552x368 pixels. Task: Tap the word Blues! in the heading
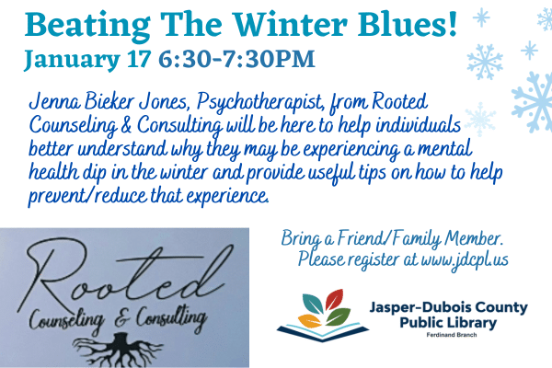408,24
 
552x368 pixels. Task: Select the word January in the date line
72,60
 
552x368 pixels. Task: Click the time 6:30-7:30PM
236,59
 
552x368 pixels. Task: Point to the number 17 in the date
139,59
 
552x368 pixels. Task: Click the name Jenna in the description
54,102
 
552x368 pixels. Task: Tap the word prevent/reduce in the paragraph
87,197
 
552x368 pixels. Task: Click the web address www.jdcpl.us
465,259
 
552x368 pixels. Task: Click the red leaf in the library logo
335,299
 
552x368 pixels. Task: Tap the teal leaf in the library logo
313,304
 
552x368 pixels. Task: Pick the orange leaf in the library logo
309,321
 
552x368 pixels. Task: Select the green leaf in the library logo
339,316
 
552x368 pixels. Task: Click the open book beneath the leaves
323,332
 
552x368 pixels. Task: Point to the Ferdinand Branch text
452,335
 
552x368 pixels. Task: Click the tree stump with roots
118,350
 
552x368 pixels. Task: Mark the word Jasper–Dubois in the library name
416,307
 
